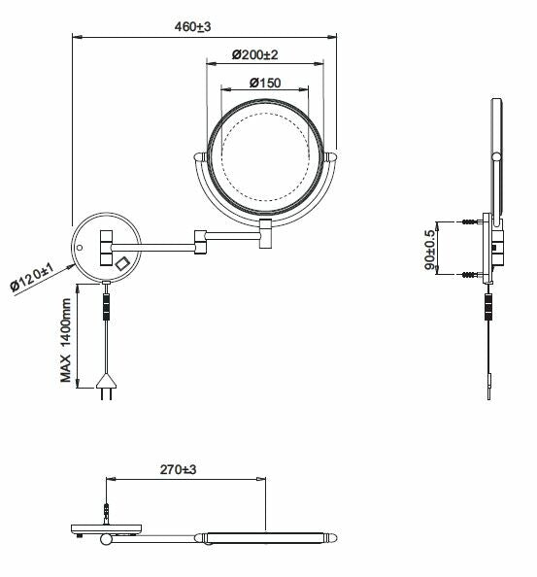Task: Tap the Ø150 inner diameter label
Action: (x=264, y=83)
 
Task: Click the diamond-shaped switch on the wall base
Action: (x=122, y=261)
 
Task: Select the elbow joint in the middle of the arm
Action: (x=201, y=242)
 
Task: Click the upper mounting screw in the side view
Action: (x=477, y=223)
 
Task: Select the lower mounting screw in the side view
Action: (x=477, y=275)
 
